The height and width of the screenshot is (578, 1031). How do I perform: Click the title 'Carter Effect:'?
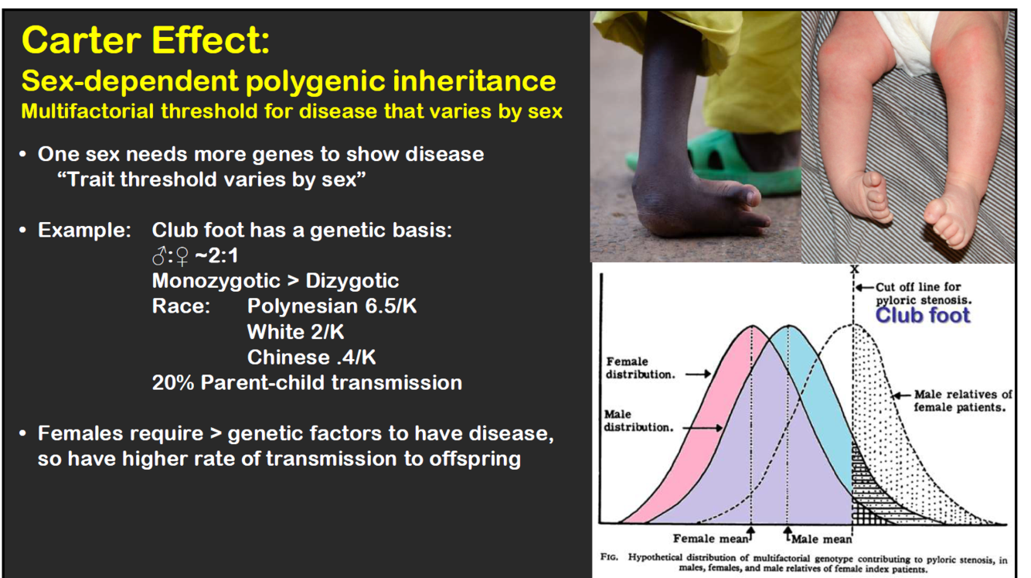145,40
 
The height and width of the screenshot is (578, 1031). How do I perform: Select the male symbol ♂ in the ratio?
159,256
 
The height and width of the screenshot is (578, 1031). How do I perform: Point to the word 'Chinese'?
288,357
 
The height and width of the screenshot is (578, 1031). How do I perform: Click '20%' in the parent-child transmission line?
173,382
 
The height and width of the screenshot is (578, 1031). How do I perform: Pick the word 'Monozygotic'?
216,281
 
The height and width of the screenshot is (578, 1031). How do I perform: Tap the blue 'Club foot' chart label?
922,315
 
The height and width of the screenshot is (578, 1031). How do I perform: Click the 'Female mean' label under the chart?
711,539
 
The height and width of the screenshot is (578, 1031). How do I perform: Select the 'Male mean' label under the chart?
822,539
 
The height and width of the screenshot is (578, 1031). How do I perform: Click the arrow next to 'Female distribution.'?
698,374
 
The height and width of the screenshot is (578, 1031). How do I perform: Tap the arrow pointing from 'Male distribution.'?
703,428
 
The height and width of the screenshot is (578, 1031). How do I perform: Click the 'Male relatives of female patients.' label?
962,401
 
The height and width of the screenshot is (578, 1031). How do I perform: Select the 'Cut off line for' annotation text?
917,287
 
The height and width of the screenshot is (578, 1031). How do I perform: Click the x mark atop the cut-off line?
854,268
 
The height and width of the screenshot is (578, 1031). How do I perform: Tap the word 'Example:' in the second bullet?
85,230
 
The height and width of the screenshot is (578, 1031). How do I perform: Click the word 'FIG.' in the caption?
609,557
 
